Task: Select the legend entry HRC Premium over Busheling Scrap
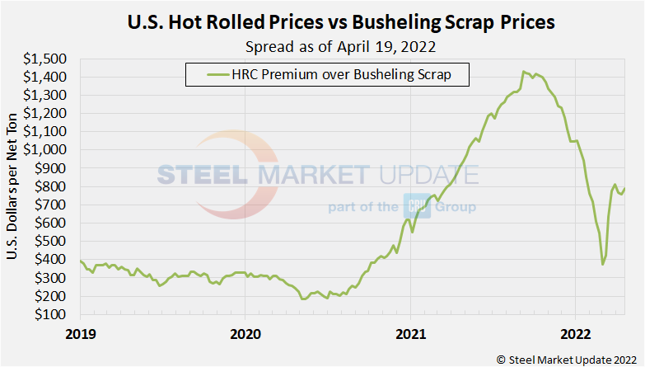(327, 76)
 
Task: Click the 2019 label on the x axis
(81, 334)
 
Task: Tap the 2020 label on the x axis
(245, 334)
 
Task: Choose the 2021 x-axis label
(410, 334)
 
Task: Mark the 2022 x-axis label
(574, 334)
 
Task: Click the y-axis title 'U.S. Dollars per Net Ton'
(13, 186)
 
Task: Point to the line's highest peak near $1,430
(523, 72)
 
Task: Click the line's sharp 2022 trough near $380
(603, 264)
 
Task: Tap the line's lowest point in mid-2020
(303, 299)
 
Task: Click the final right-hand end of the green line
(624, 189)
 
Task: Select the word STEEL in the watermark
(203, 175)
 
